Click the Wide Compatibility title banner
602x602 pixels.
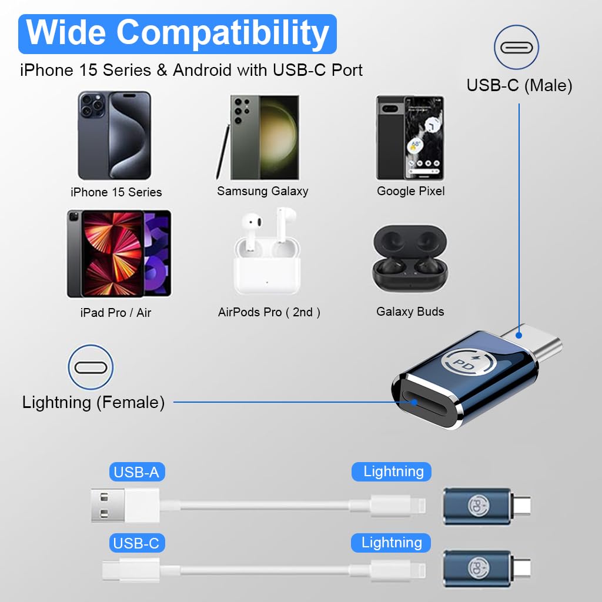tap(178, 34)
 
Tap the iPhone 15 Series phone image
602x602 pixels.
tap(115, 135)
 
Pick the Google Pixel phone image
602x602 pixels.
tap(410, 138)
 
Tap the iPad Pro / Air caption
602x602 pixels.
tap(116, 313)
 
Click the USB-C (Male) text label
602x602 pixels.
tap(519, 86)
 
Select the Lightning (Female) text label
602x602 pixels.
tap(93, 403)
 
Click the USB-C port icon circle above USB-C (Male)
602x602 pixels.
tap(516, 48)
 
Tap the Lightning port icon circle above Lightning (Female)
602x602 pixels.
tap(91, 367)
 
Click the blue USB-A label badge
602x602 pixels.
tap(136, 472)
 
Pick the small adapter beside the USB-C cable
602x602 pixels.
tap(487, 569)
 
